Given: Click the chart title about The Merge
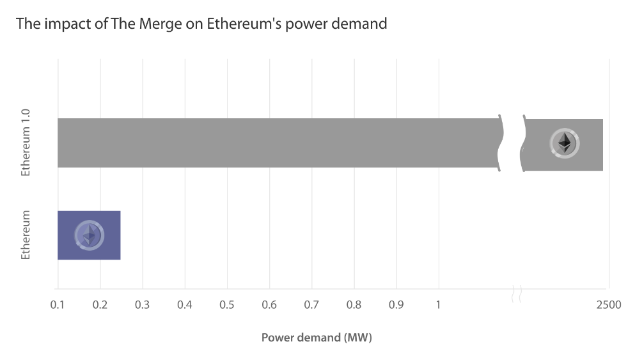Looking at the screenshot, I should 201,24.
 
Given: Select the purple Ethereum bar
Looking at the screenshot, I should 89,235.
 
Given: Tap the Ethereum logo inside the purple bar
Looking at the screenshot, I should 89,235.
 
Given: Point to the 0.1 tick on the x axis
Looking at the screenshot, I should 58,305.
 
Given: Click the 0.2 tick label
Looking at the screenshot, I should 100,305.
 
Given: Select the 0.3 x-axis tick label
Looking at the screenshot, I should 142,305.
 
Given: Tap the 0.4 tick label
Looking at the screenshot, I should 185,305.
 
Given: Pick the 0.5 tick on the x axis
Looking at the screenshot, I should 227,305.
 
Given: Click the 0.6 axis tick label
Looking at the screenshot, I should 269,305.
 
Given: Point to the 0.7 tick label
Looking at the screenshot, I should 311,305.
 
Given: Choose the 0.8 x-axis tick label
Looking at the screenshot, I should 354,305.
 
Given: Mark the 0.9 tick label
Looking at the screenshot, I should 396,305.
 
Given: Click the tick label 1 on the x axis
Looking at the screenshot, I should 439,305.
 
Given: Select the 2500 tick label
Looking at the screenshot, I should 609,305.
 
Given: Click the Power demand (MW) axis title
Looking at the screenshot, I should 317,337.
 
